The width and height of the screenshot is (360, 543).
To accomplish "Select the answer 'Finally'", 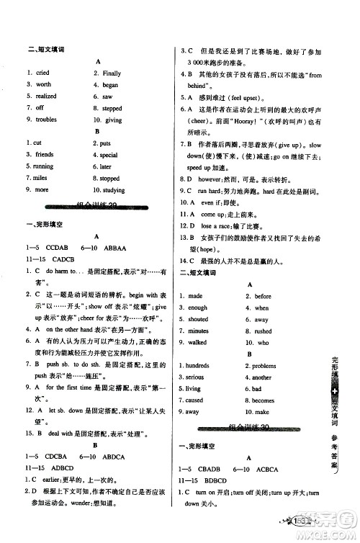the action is pyautogui.click(x=112, y=73).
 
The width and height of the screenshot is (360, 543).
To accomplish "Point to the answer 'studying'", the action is pyautogui.click(x=114, y=190).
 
